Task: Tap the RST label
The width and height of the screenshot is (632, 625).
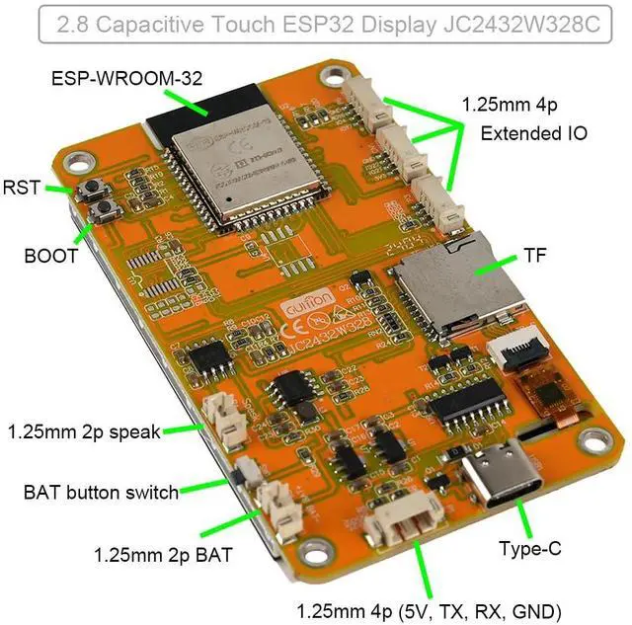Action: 21,187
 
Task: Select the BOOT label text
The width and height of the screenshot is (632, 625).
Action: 50,256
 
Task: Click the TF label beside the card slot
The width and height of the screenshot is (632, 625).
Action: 534,256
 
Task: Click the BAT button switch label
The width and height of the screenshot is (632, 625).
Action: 102,492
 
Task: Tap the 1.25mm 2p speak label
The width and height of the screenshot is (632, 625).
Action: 84,431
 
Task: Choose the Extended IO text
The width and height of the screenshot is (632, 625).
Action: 534,131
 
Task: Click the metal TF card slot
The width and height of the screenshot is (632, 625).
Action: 456,286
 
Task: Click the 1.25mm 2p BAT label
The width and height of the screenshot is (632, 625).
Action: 163,555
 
